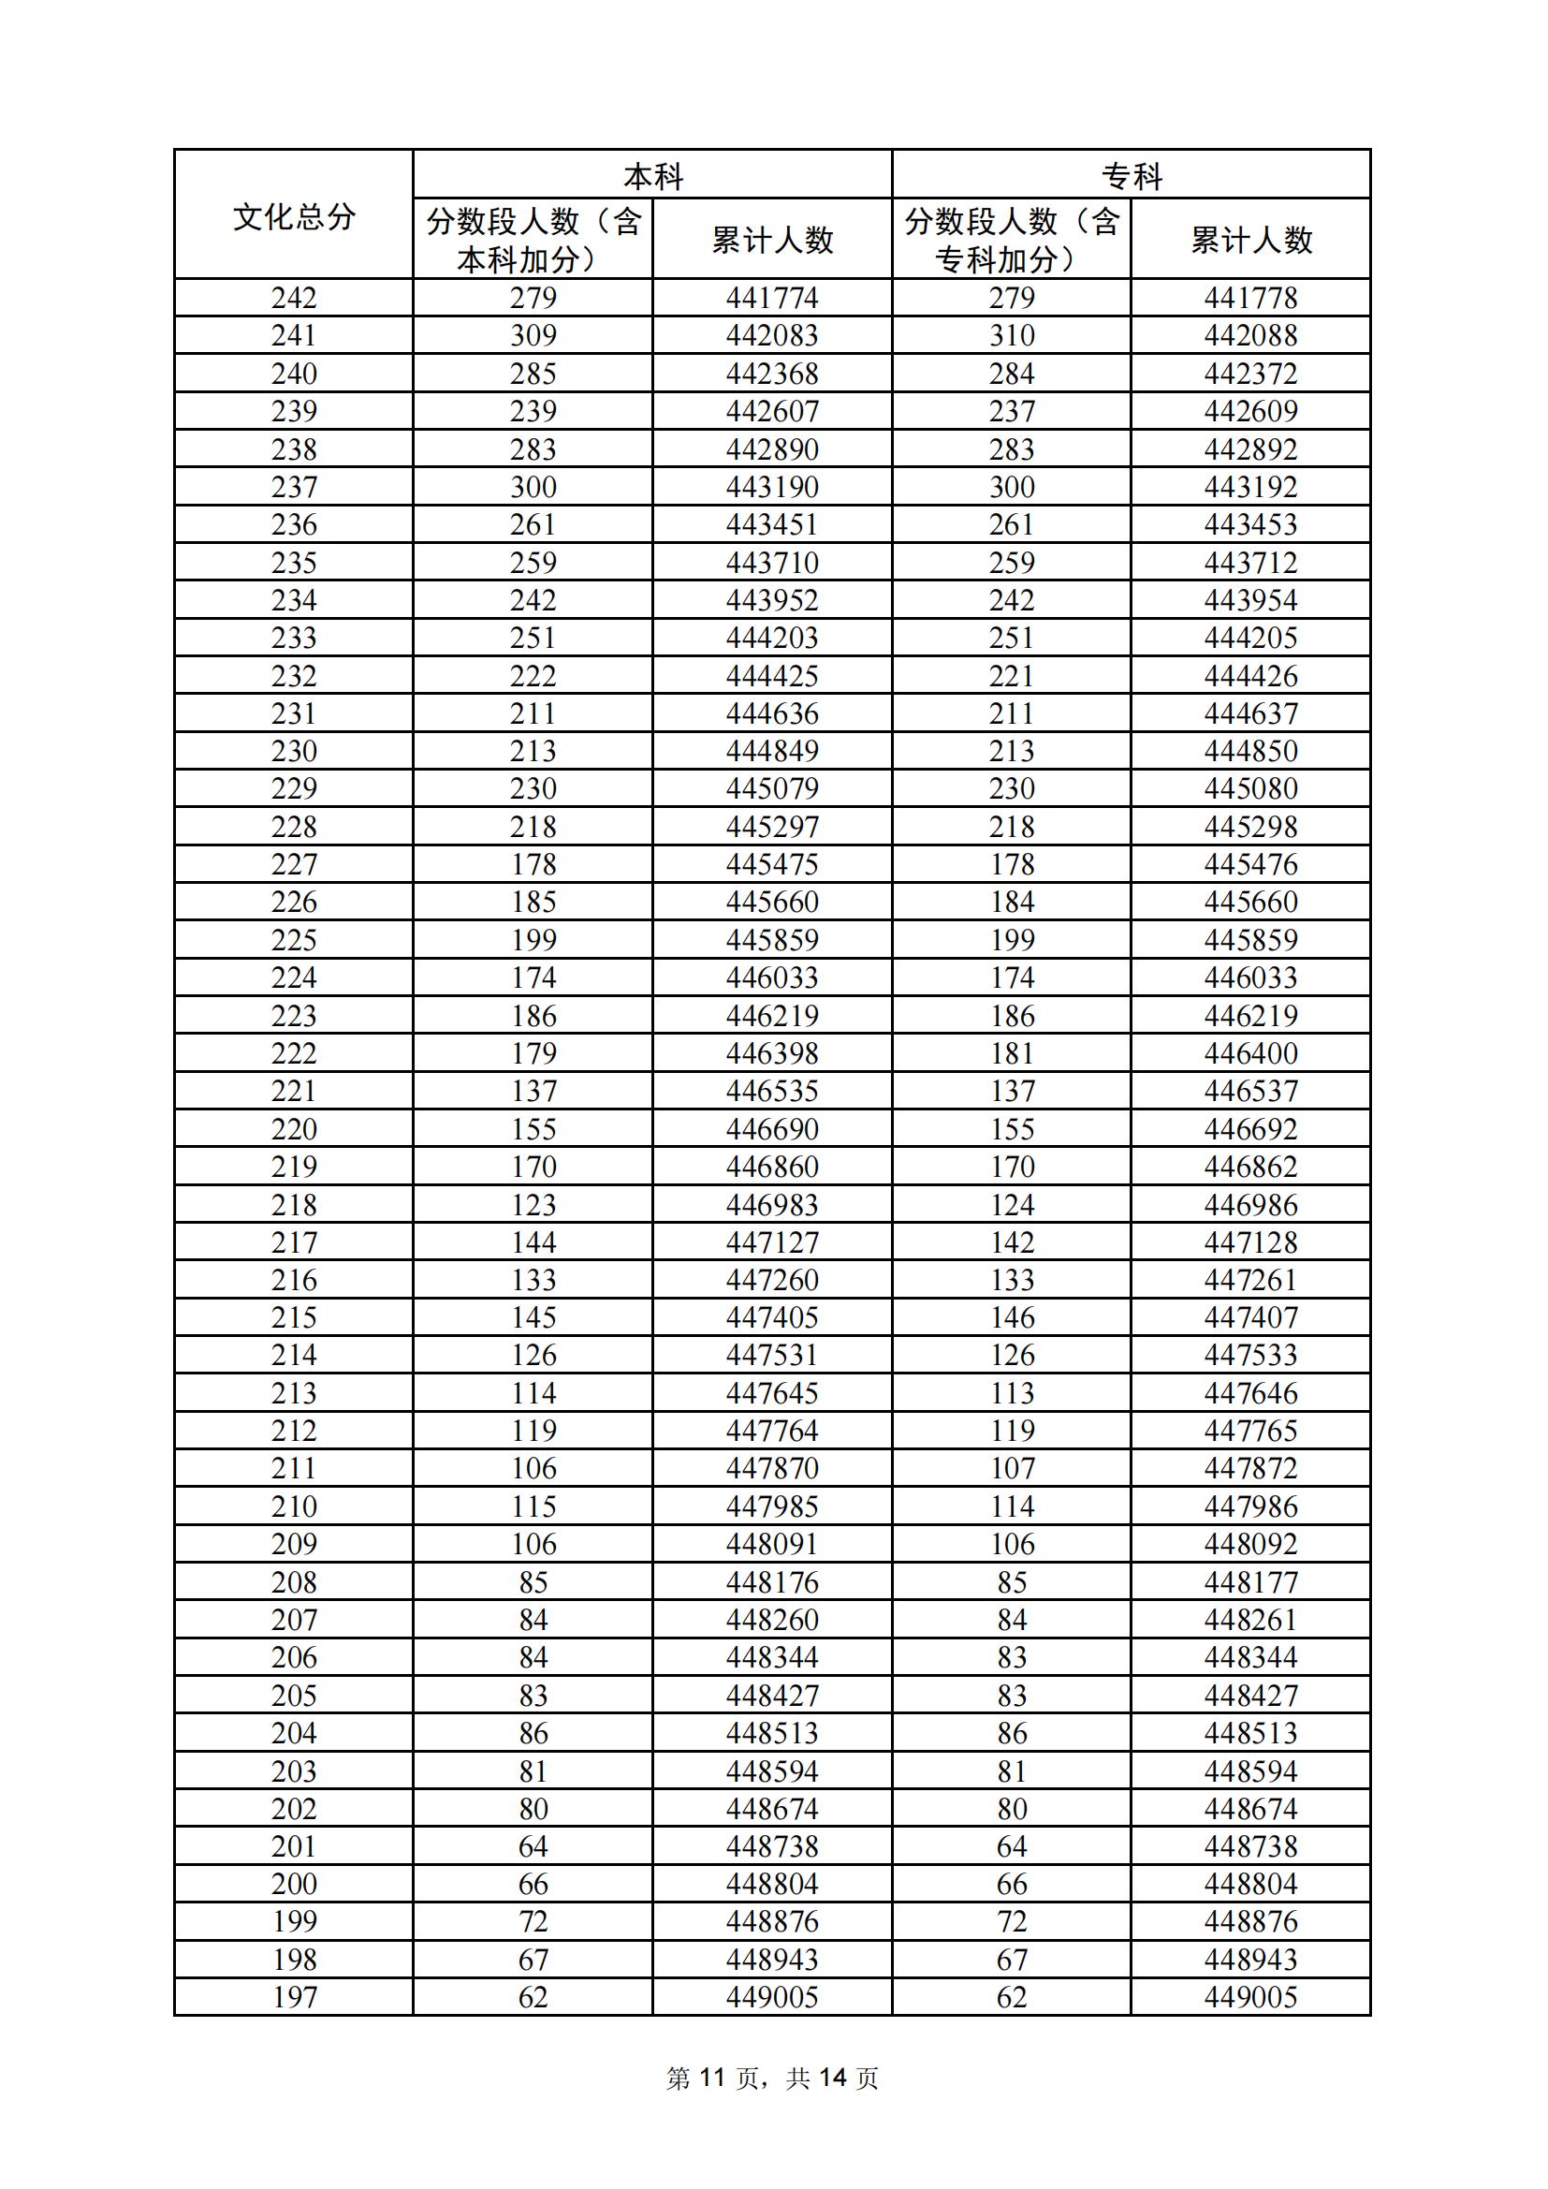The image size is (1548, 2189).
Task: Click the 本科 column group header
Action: [653, 176]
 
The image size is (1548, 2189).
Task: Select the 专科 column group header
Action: [1132, 176]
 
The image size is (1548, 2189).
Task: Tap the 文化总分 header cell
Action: [294, 216]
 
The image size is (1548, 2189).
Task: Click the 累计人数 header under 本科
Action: [772, 240]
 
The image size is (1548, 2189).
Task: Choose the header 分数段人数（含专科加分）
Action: [1012, 240]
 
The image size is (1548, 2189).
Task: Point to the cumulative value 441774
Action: [772, 298]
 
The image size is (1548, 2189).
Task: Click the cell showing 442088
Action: [1250, 335]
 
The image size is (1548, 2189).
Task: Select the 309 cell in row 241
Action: [533, 335]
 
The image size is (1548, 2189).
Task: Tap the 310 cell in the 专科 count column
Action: [1012, 335]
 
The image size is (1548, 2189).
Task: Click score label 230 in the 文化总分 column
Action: [294, 751]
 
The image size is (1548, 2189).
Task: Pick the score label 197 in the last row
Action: [294, 1996]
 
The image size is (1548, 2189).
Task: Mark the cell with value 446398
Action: [772, 1053]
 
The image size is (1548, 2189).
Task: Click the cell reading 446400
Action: [1250, 1053]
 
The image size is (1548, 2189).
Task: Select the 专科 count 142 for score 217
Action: [1012, 1242]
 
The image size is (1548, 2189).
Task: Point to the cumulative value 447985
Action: [772, 1506]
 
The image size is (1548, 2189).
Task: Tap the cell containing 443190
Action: [772, 487]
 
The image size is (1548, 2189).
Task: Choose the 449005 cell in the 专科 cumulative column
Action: [1250, 1996]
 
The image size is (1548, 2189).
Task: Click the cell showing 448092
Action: [1250, 1545]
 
